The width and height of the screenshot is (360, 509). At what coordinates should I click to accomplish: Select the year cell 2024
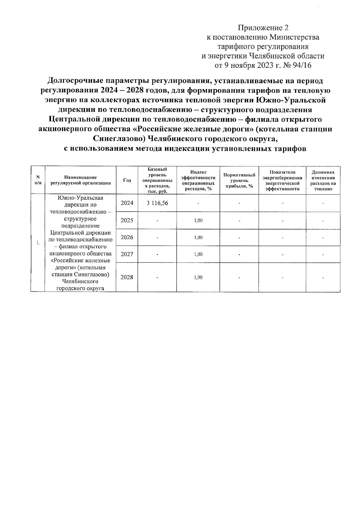click(x=127, y=203)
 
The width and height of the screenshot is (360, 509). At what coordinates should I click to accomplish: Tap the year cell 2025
click(x=127, y=220)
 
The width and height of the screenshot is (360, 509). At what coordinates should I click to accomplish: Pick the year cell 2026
click(x=127, y=237)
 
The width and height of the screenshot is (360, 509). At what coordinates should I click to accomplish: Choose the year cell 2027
click(x=127, y=254)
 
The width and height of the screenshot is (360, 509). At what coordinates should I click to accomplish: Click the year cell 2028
click(x=127, y=277)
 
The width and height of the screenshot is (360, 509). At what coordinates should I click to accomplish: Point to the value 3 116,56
click(x=157, y=203)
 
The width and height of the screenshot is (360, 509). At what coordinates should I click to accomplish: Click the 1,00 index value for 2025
click(x=198, y=220)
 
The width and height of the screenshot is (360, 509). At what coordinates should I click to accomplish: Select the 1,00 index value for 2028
click(x=198, y=277)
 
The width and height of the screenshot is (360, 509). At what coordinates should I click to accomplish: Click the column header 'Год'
click(x=127, y=180)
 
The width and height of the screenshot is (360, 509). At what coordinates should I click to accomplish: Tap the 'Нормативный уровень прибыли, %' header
click(x=239, y=180)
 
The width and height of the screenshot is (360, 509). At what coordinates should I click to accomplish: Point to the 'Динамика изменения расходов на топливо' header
click(x=323, y=180)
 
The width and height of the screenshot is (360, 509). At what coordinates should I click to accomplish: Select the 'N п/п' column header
click(x=38, y=180)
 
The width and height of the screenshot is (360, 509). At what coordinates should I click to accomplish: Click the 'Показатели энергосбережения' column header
click(x=282, y=180)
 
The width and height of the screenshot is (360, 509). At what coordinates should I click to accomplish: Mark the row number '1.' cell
click(x=38, y=243)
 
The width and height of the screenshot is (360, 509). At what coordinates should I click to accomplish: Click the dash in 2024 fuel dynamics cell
click(x=323, y=204)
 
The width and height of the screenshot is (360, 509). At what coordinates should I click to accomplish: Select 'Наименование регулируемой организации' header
click(x=80, y=180)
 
